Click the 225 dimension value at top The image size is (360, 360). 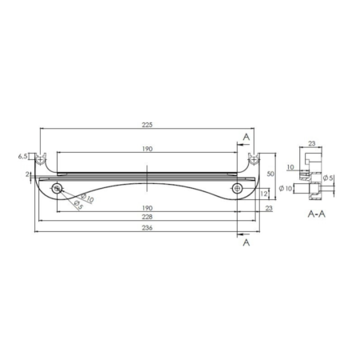pyautogui.click(x=147, y=125)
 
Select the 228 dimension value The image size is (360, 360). pyautogui.click(x=147, y=217)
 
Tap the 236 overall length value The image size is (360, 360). pyautogui.click(x=147, y=227)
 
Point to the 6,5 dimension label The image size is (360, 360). pyautogui.click(x=22, y=156)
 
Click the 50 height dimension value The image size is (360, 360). pyautogui.click(x=270, y=174)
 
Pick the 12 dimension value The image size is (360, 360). pyautogui.click(x=263, y=194)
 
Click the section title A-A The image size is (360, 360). pyautogui.click(x=317, y=214)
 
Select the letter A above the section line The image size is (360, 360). pyautogui.click(x=246, y=137)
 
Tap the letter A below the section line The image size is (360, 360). pyautogui.click(x=246, y=242)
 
